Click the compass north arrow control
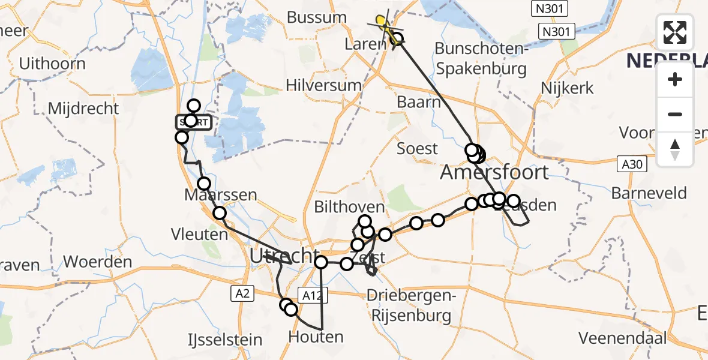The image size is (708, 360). tap(675, 149)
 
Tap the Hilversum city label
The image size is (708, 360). tap(323, 86)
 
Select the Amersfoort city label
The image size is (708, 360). tap(494, 173)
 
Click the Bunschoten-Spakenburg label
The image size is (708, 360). tap(481, 58)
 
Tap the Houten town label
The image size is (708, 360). tap(316, 337)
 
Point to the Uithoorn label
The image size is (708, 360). tap(52, 64)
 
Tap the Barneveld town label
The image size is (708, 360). tap(649, 194)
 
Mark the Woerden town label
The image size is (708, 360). tap(97, 262)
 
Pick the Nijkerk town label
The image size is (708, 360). tap(567, 88)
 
